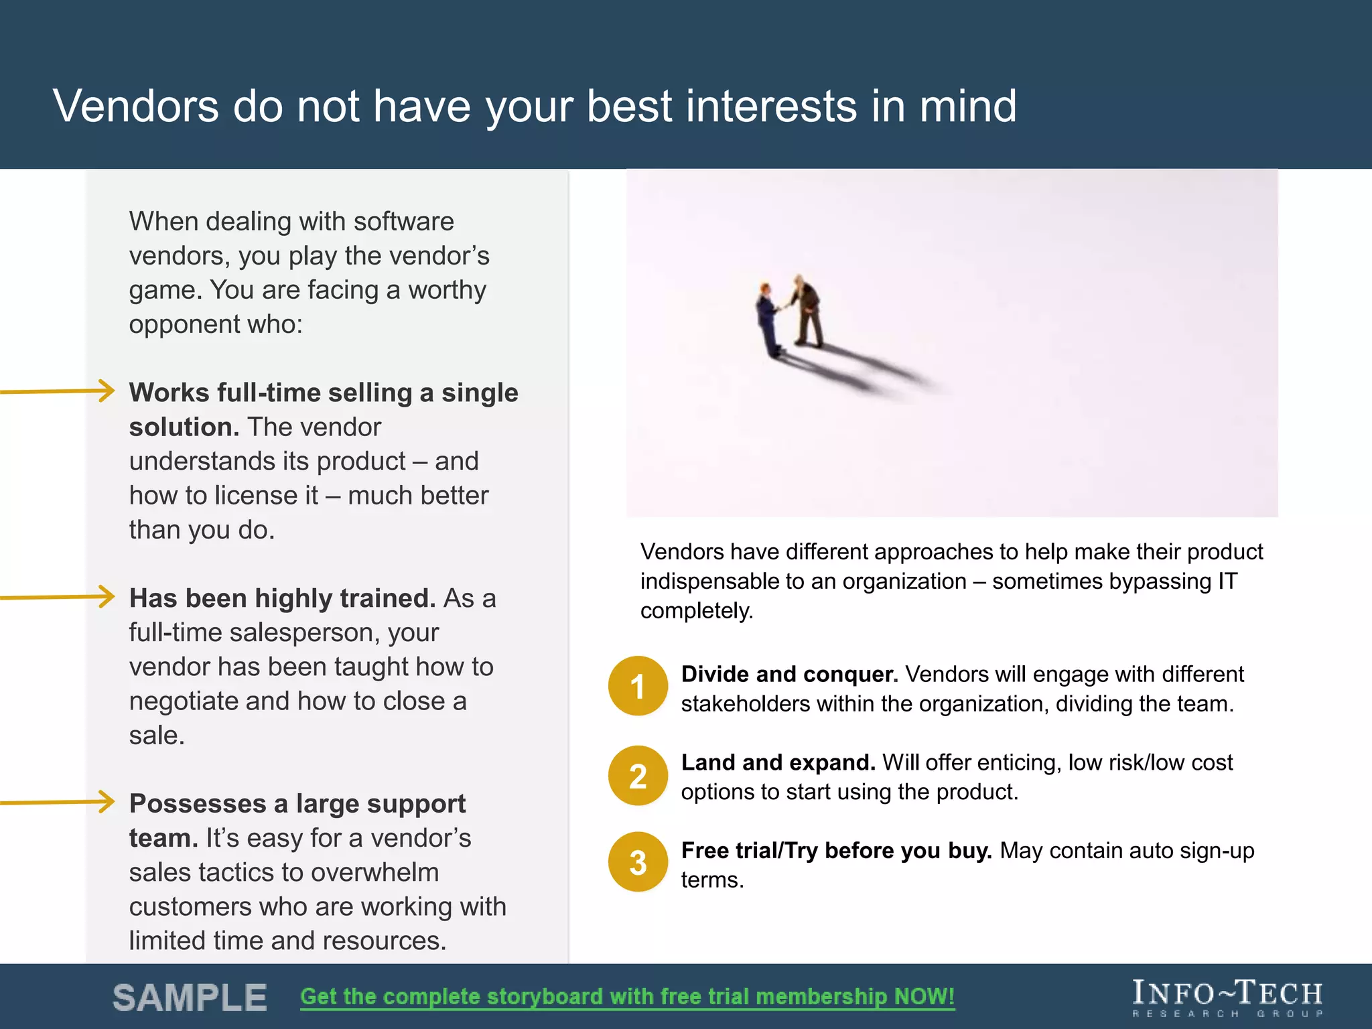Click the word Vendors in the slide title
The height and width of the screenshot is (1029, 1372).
[x=135, y=107]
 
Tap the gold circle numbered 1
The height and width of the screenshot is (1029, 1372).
[x=638, y=686]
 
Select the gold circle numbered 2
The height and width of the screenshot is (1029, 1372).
[x=638, y=776]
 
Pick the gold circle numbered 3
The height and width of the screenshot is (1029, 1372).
[x=638, y=862]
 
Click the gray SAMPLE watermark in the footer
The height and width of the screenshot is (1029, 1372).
[x=190, y=998]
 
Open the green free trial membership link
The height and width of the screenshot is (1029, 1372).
[x=627, y=996]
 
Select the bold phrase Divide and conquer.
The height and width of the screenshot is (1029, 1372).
[x=789, y=674]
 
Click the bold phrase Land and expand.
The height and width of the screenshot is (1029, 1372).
[x=778, y=762]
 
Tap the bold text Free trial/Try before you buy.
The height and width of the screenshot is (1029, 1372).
[x=836, y=850]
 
